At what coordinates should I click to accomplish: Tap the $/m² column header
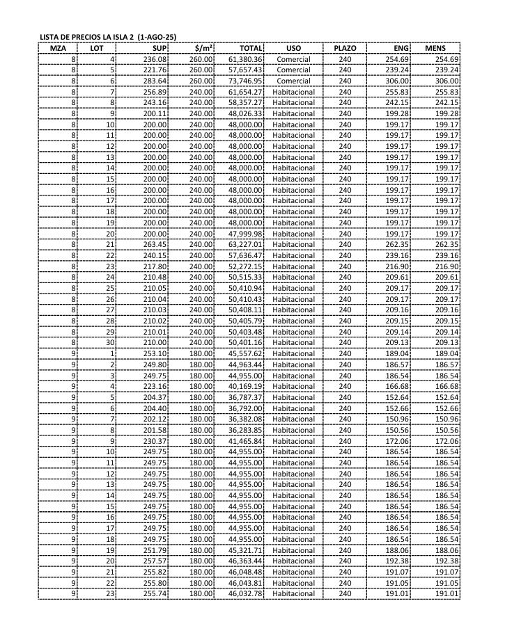pyautogui.click(x=203, y=49)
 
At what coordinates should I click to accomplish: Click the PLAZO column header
pyautogui.click(x=345, y=49)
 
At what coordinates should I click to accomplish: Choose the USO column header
pyautogui.click(x=293, y=49)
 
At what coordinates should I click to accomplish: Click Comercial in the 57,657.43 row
pyautogui.click(x=293, y=70)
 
